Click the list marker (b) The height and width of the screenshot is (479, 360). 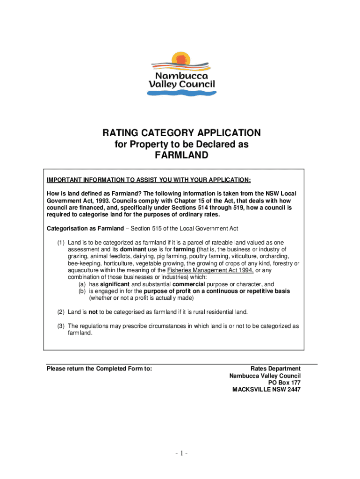click(x=82, y=291)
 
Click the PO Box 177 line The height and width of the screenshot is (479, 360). click(x=284, y=383)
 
